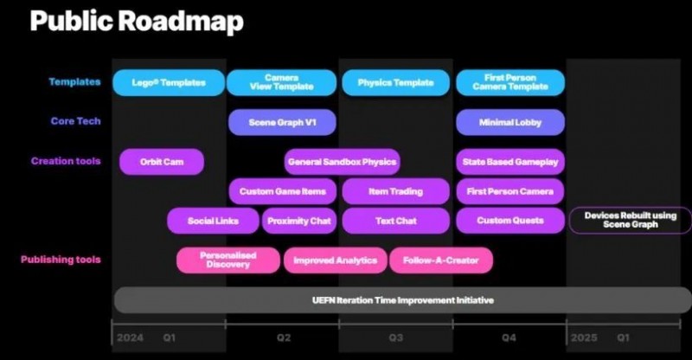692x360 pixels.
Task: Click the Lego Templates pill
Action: click(x=169, y=82)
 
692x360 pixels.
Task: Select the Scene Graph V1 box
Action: click(x=283, y=122)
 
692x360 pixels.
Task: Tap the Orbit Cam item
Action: click(x=162, y=162)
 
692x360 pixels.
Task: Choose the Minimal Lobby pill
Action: click(x=510, y=122)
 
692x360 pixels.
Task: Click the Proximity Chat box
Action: click(x=299, y=221)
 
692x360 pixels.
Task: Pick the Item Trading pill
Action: click(x=396, y=191)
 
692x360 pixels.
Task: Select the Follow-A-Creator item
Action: click(x=441, y=260)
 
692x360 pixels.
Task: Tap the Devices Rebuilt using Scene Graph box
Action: click(x=631, y=220)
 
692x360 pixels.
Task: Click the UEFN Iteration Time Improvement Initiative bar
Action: click(x=402, y=300)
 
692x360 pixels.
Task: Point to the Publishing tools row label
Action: click(x=61, y=260)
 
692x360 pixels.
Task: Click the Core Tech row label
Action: click(x=75, y=121)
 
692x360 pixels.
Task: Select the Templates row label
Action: click(x=74, y=81)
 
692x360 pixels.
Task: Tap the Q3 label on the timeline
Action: click(x=396, y=337)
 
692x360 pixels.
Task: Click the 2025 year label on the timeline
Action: click(x=585, y=337)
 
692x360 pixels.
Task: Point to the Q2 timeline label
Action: click(x=284, y=337)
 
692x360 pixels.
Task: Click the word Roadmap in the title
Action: click(x=181, y=22)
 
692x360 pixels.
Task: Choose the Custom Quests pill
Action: click(x=510, y=221)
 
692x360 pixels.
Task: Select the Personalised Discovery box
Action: click(x=228, y=260)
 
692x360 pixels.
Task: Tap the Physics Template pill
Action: click(x=396, y=82)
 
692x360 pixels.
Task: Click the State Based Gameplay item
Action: click(x=510, y=162)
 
